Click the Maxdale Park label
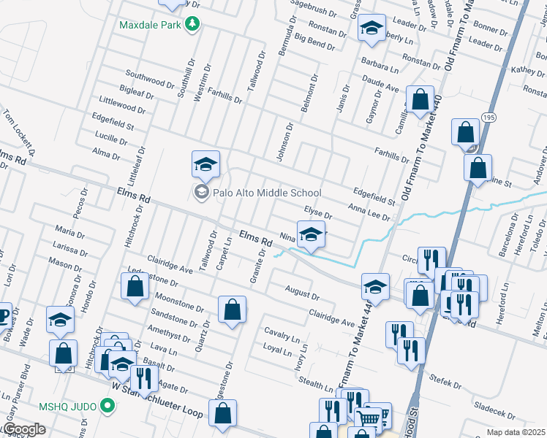pyautogui.click(x=150, y=24)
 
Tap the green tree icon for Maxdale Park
pyautogui.click(x=193, y=24)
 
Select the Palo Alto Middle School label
pyautogui.click(x=267, y=193)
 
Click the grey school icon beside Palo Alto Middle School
pyautogui.click(x=200, y=193)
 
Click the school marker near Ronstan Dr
pyautogui.click(x=371, y=29)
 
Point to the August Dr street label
pyautogui.click(x=303, y=293)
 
